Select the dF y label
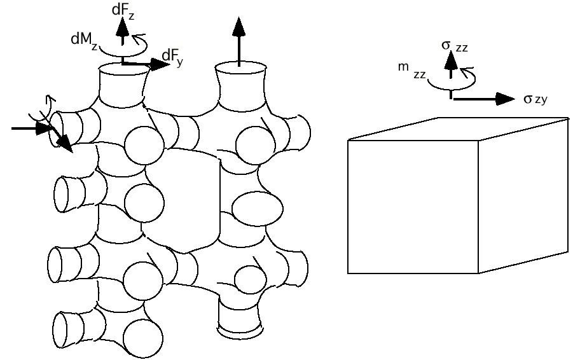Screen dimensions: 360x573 point(172,58)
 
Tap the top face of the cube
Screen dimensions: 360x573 point(458,128)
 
